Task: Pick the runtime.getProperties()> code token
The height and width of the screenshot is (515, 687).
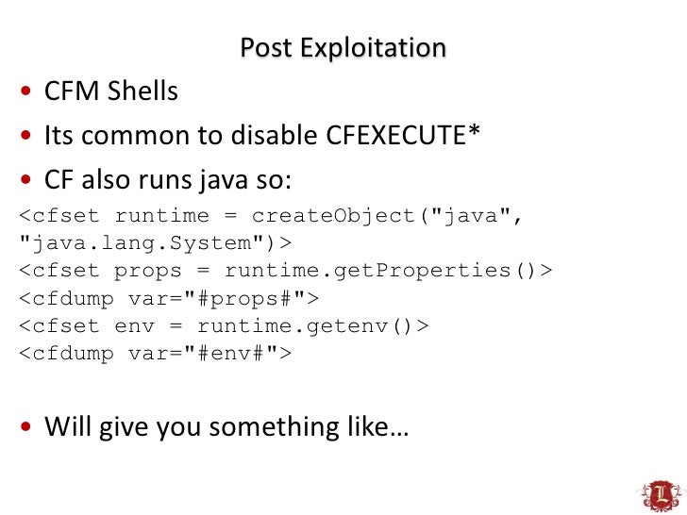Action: pyautogui.click(x=388, y=272)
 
